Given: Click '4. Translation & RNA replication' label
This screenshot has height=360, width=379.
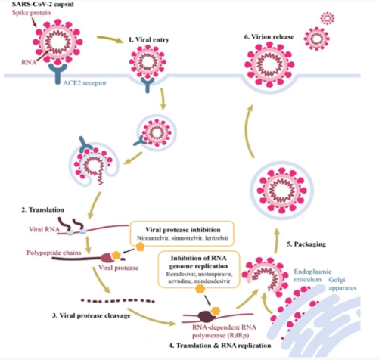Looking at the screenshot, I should pos(220,345).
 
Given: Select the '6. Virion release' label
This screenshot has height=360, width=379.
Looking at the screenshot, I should pos(264,35).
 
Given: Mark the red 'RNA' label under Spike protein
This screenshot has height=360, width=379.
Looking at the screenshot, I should pos(37,65).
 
